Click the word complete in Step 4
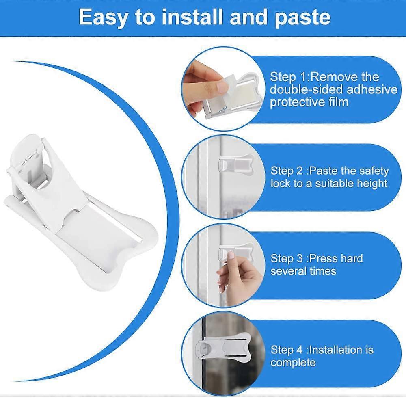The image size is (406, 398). click(x=293, y=362)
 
